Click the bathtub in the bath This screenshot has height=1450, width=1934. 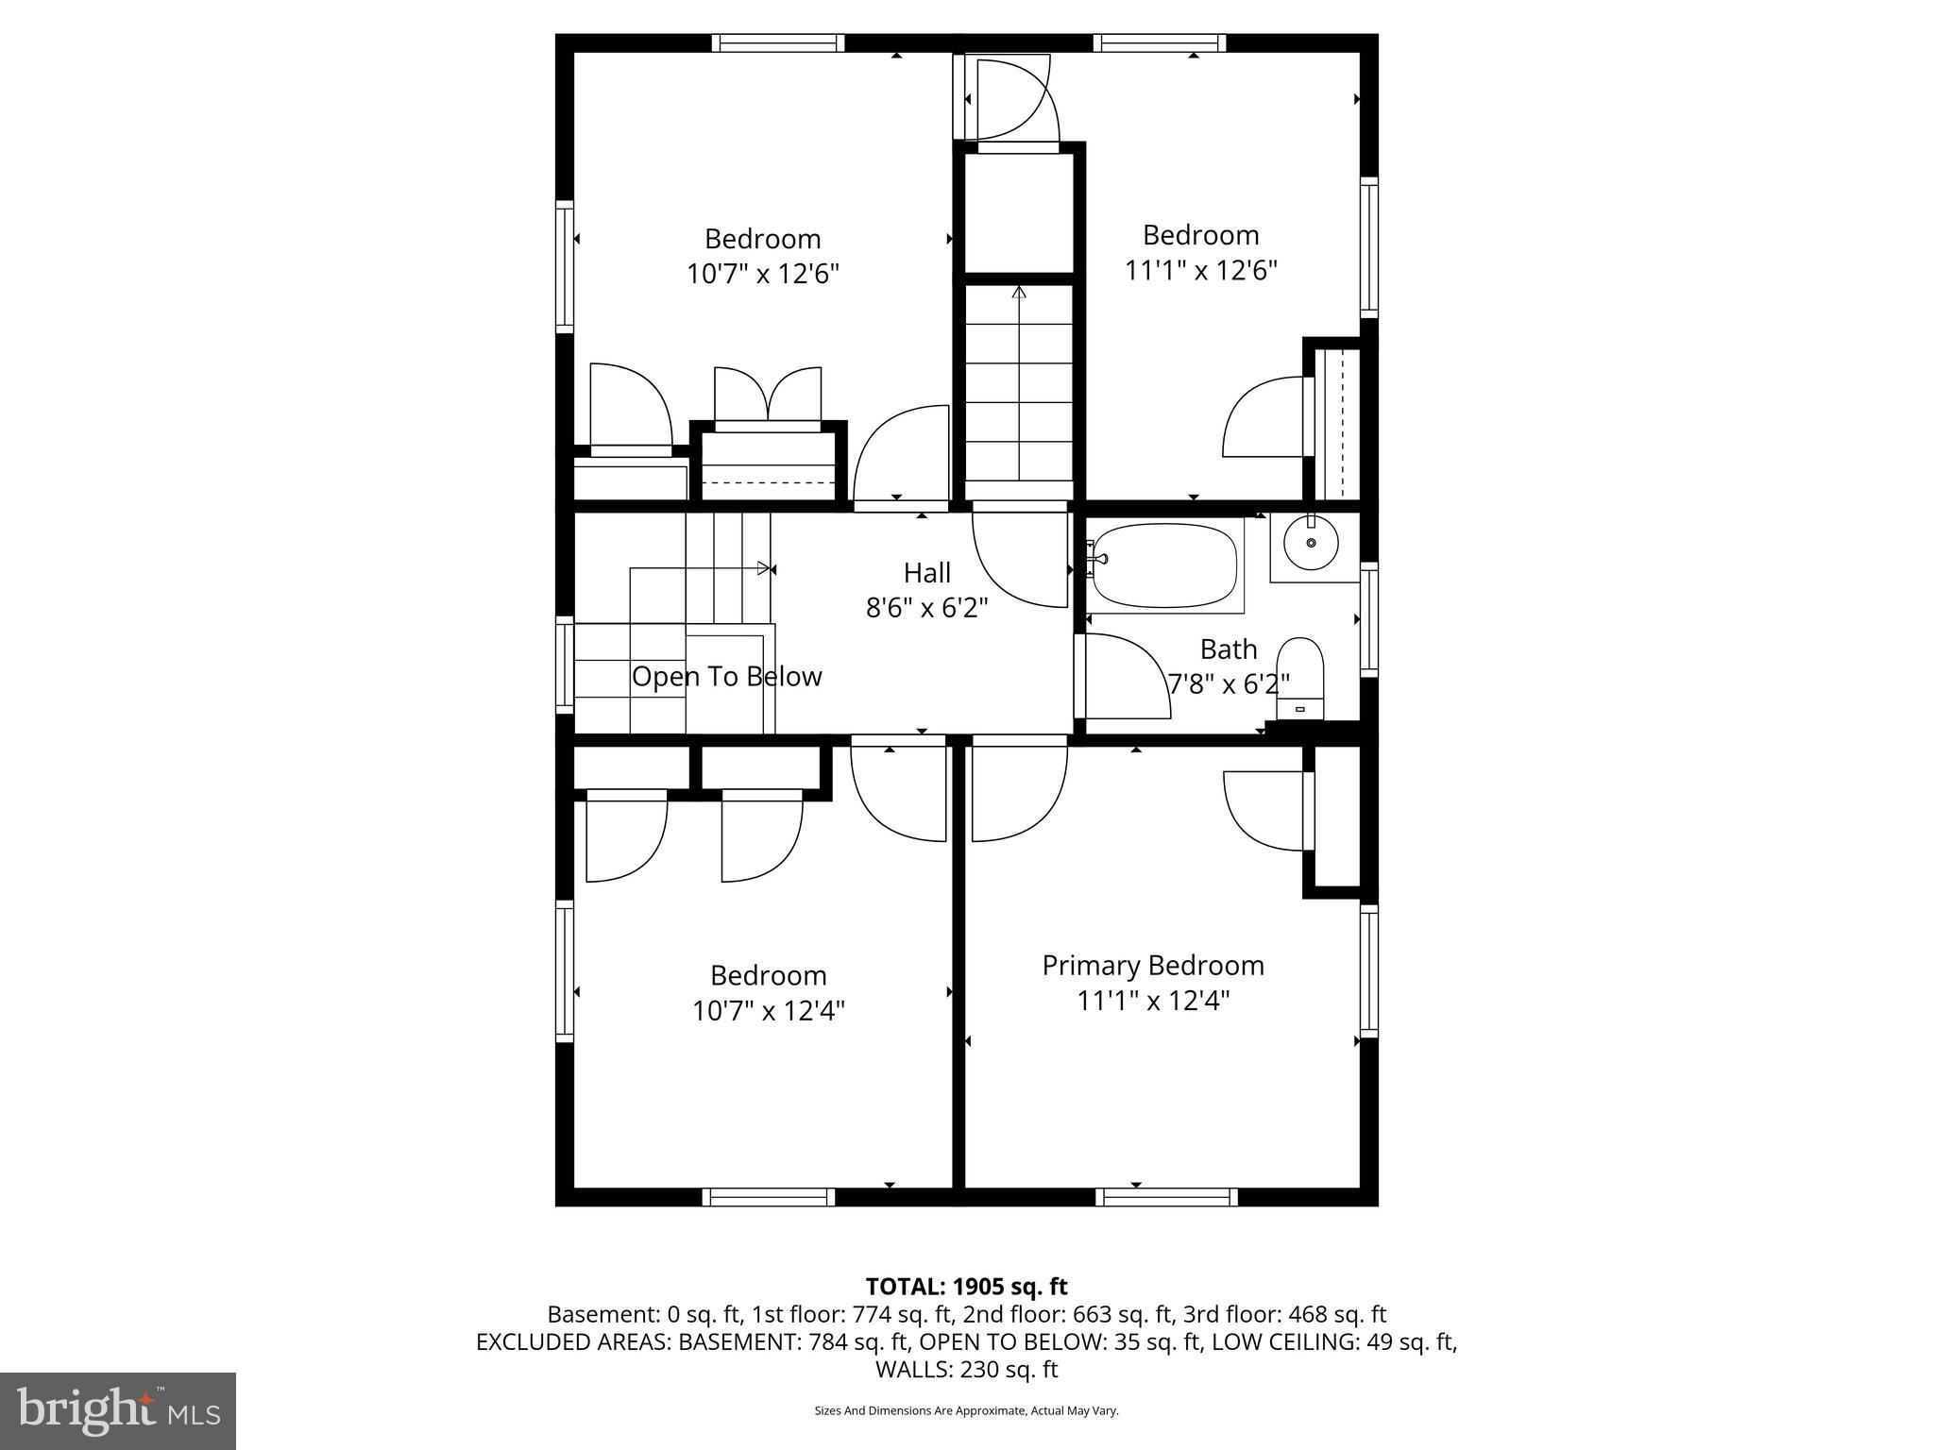[1163, 566]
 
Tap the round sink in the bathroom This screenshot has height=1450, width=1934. [1311, 545]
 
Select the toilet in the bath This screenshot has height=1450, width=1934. [1300, 675]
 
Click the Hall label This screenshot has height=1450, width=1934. [926, 573]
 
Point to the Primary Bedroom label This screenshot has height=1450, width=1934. [1153, 966]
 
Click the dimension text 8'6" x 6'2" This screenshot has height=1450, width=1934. [926, 608]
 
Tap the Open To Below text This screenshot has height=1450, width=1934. [726, 677]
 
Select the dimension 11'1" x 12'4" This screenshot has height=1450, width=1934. [1153, 1001]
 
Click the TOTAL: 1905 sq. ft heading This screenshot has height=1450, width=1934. [966, 1287]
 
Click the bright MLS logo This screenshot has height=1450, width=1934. [118, 1410]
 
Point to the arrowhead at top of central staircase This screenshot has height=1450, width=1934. [1018, 293]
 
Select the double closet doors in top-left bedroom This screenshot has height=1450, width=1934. [768, 396]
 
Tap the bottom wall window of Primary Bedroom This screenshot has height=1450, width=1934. [1166, 1197]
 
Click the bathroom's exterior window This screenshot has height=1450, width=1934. [1368, 618]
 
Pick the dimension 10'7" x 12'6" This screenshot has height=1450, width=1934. [762, 275]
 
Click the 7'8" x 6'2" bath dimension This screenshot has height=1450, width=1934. [1229, 684]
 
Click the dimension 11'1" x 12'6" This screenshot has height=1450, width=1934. [1200, 271]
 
